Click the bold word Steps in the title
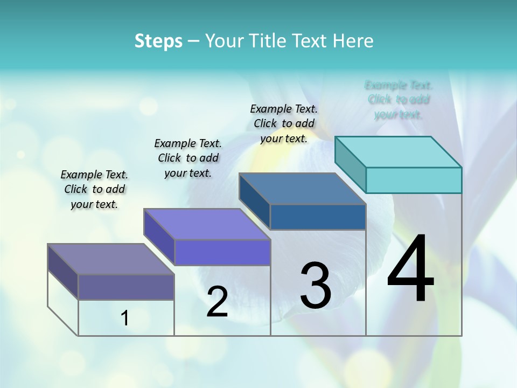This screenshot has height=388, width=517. pos(158,41)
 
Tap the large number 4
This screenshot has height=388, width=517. pos(410,269)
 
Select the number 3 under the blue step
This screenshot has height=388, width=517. pos(316,286)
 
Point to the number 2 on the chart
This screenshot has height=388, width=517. pos(217,302)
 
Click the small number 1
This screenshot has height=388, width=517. pos(125,318)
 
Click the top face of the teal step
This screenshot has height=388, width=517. pos(399,151)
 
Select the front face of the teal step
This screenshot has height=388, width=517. pos(414,180)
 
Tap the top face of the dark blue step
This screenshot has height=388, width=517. pos(303,188)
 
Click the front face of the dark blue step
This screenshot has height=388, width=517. pos(318,217)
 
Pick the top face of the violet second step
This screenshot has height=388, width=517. pos(207,224)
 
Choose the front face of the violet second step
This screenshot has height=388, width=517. pos(222,252)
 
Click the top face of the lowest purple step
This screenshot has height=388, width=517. pos(111,259)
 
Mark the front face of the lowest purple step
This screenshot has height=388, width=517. pos(126,287)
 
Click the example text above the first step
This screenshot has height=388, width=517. pos(94,189)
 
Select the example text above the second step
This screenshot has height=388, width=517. pos(188,158)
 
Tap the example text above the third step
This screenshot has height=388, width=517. pos(284,123)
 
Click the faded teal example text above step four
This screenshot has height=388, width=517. pos(399,100)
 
